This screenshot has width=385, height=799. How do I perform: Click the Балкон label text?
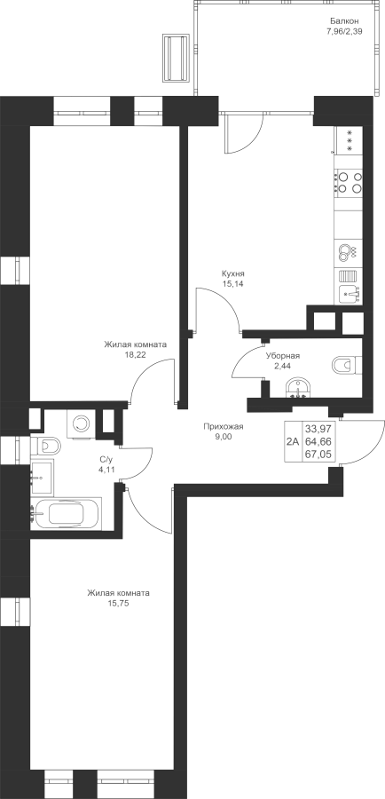coord(345,21)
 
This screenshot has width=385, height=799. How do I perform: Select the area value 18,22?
coord(135,355)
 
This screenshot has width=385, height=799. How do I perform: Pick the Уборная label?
coord(283,356)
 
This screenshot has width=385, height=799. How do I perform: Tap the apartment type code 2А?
coord(293,441)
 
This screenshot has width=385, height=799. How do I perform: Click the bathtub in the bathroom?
coord(67,513)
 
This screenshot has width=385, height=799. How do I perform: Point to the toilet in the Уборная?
coord(346,366)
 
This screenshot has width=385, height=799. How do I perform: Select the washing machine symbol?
coord(81,423)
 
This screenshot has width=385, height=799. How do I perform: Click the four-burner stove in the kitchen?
coord(349,182)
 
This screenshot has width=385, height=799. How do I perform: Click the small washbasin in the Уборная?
coord(297,388)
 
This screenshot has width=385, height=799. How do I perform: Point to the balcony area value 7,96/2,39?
coord(345,31)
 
